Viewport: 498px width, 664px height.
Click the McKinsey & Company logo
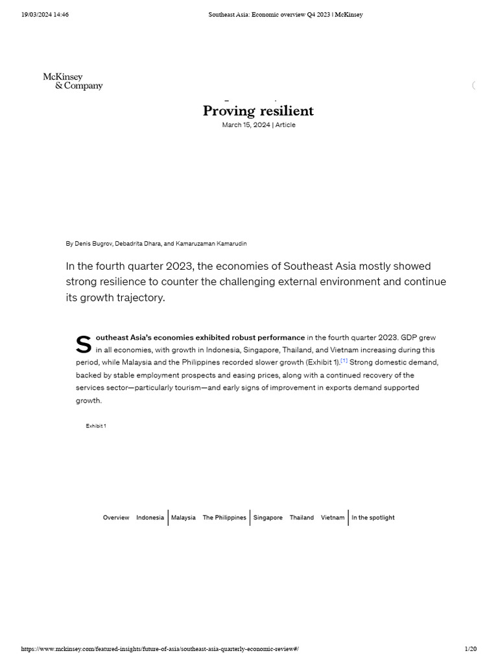point(73,82)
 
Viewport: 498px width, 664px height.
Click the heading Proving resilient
point(258,111)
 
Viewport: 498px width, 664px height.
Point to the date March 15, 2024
point(246,125)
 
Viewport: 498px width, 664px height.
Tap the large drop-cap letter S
point(84,345)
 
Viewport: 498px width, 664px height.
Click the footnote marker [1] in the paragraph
point(344,361)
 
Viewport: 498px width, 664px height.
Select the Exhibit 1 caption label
point(96,426)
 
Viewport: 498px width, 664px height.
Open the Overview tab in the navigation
point(116,517)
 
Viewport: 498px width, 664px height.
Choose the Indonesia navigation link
point(150,517)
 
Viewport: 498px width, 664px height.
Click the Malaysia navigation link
point(184,517)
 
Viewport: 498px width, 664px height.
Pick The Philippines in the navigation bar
point(224,517)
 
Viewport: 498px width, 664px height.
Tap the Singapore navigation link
point(268,517)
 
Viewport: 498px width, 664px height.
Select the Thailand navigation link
point(302,517)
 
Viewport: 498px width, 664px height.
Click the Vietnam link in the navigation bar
point(333,517)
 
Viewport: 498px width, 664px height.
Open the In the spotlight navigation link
point(373,517)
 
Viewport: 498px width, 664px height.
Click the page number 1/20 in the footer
point(471,649)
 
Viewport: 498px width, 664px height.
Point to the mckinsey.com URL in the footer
point(160,649)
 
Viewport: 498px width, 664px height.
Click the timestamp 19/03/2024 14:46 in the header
point(45,15)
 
